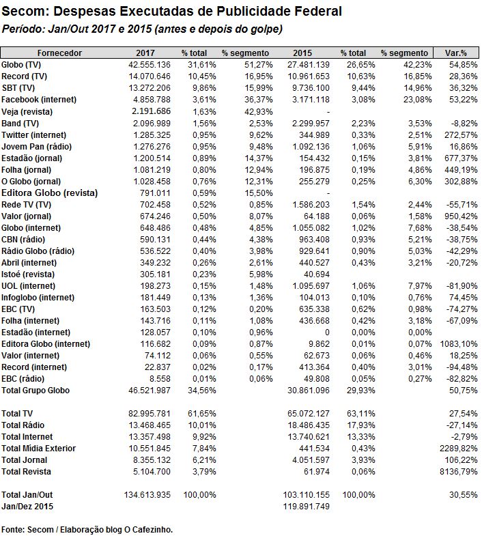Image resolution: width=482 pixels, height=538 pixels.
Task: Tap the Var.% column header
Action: coord(455,53)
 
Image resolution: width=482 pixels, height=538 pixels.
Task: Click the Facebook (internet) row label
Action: coord(39,99)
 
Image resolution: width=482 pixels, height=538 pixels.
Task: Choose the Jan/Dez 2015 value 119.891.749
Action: coord(307,507)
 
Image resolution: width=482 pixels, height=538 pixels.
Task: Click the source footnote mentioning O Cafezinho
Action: coord(87,530)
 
